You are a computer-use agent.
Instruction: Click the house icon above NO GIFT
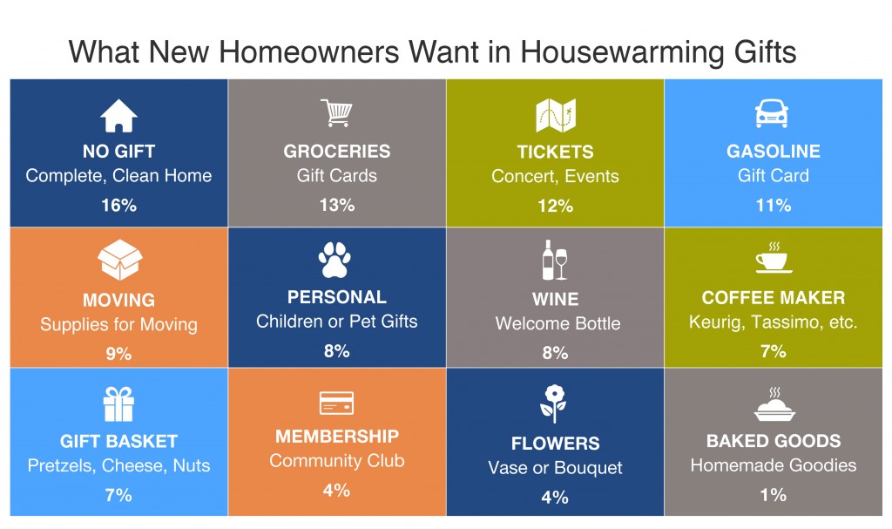tap(118, 116)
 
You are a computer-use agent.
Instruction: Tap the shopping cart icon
tap(336, 112)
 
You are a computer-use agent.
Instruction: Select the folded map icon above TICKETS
tap(556, 115)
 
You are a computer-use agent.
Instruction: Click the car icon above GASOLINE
tap(772, 113)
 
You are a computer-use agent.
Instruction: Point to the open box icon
tap(119, 260)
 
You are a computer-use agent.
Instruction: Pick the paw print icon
tap(334, 260)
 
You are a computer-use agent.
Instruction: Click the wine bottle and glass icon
tap(555, 260)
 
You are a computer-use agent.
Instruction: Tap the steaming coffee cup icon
tap(774, 257)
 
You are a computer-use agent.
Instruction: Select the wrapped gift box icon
tap(118, 404)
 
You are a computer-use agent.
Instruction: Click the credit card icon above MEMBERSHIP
tap(336, 403)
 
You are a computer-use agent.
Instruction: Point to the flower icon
tap(553, 404)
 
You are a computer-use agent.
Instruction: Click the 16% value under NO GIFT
tap(118, 205)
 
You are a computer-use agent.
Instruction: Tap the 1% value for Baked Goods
tap(774, 495)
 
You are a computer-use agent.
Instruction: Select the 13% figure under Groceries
tap(337, 205)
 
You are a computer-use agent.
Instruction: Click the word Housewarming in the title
tap(622, 52)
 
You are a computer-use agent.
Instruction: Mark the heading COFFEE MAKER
tap(774, 297)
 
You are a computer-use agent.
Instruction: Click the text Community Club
tap(337, 460)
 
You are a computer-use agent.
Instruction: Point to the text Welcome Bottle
tap(557, 323)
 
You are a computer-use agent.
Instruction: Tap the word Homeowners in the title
tap(309, 52)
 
